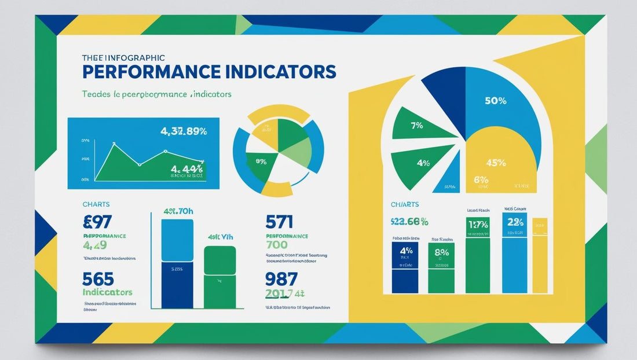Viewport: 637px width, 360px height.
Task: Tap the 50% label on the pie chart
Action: [x=495, y=101]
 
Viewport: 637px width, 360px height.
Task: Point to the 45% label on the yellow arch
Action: [x=496, y=163]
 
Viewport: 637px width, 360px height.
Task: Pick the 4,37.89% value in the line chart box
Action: [x=184, y=131]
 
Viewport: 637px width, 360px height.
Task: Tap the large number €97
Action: [x=98, y=222]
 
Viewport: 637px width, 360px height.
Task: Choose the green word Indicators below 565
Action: [x=108, y=292]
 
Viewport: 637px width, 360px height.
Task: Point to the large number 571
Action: [x=279, y=222]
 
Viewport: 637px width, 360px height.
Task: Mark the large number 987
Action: [x=281, y=278]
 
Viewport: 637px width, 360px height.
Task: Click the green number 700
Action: [x=277, y=245]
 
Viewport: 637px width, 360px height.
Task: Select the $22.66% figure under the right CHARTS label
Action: [x=409, y=221]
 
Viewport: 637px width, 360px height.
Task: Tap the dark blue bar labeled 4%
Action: [x=405, y=267]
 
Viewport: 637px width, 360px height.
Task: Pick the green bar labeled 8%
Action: [x=441, y=267]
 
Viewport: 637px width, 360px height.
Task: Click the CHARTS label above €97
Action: [x=96, y=204]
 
